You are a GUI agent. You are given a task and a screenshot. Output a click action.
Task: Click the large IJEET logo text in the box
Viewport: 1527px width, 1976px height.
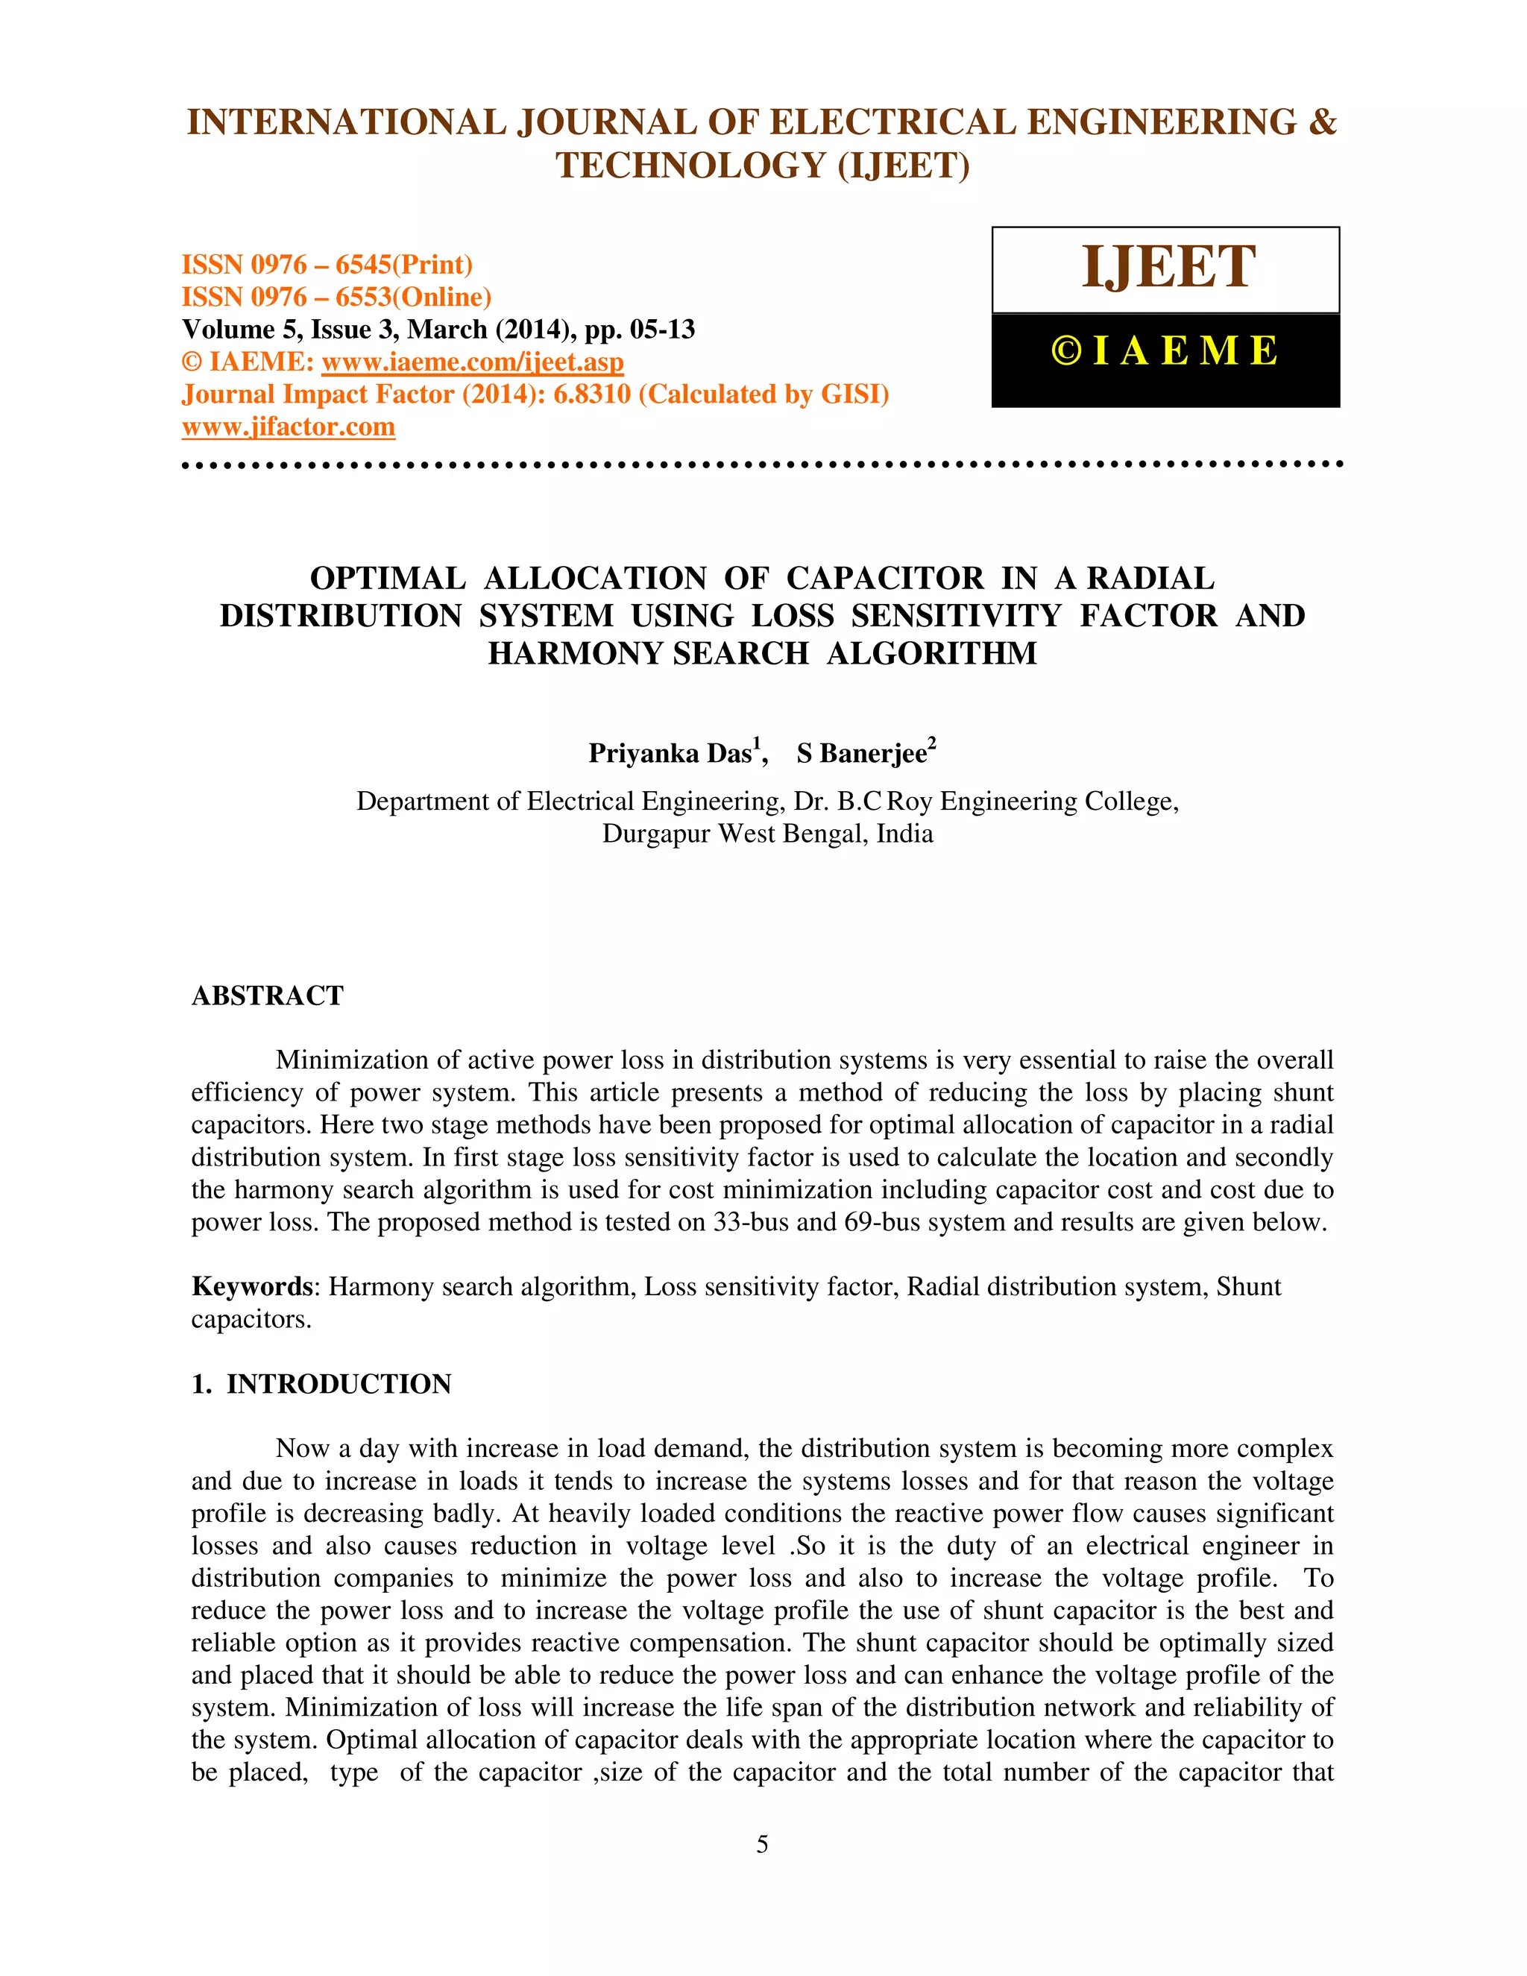pyautogui.click(x=1168, y=268)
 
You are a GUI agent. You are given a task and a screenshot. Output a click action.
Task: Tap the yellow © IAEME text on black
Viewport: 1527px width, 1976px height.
pyautogui.click(x=1165, y=351)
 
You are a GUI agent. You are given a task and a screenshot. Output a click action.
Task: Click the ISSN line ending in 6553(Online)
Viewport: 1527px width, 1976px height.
pyautogui.click(x=336, y=297)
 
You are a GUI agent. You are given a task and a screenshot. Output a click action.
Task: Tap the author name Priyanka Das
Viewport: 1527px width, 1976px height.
pyautogui.click(x=670, y=753)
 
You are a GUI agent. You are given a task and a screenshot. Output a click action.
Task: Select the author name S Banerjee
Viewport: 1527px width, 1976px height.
pyautogui.click(x=861, y=753)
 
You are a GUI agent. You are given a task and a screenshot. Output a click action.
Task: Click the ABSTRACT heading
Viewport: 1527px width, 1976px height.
pyautogui.click(x=268, y=995)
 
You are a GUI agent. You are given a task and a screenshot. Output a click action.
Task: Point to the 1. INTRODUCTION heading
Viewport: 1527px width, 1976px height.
pyautogui.click(x=321, y=1383)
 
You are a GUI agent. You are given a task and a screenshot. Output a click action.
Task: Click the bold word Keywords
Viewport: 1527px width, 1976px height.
pyautogui.click(x=251, y=1286)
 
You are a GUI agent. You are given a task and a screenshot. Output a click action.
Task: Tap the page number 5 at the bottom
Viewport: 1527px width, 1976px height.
pyautogui.click(x=763, y=1844)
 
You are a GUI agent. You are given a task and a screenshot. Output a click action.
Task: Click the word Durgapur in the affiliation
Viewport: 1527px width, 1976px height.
pyautogui.click(x=657, y=834)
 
